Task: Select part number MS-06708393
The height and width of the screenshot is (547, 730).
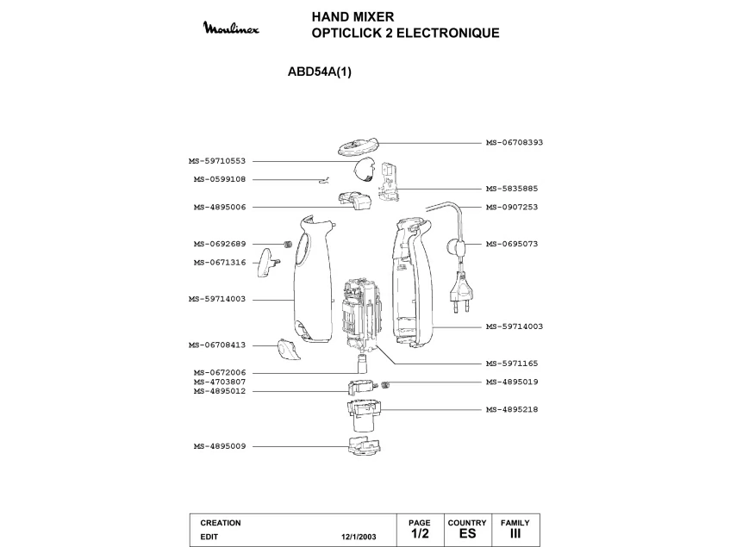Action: (x=514, y=142)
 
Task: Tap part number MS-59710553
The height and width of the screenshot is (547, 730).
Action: (x=217, y=161)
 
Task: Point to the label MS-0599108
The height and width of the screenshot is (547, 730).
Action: (x=220, y=179)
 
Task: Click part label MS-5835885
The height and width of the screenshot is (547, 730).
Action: (x=511, y=189)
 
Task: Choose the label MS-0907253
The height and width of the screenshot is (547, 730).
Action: (x=511, y=207)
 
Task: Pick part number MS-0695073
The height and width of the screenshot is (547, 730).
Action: (x=511, y=244)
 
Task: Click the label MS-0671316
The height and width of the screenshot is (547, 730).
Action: (x=220, y=262)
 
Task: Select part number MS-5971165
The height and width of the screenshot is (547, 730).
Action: (x=511, y=364)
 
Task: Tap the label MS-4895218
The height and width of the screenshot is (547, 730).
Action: (x=511, y=409)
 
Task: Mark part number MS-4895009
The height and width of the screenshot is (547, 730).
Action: (x=220, y=446)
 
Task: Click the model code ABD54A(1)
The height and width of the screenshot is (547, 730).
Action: (x=319, y=72)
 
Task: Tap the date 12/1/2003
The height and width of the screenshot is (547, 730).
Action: (x=359, y=536)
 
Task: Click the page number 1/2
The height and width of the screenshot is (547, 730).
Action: (x=420, y=534)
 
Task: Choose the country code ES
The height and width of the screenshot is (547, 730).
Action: (x=467, y=534)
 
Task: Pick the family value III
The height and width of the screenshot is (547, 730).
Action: (x=515, y=534)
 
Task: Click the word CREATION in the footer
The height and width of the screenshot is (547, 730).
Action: (x=221, y=523)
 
